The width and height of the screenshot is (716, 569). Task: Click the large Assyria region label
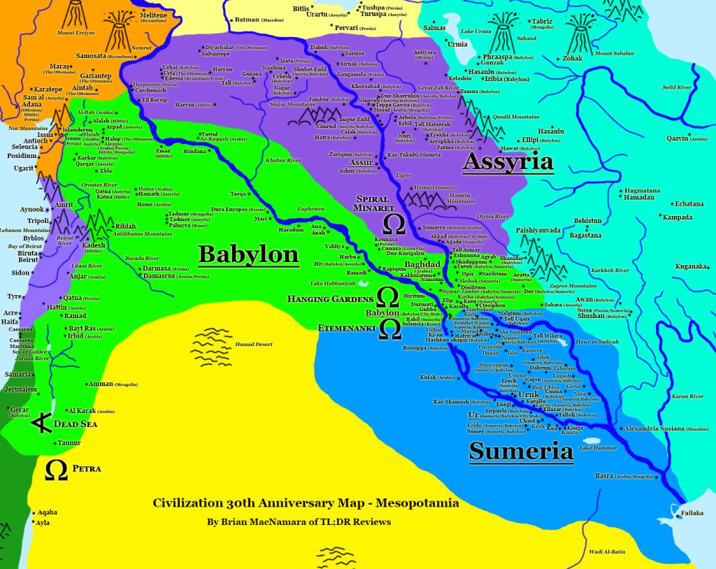tap(508, 161)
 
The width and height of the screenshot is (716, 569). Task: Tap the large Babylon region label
tap(248, 253)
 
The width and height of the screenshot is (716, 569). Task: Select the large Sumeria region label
tap(521, 451)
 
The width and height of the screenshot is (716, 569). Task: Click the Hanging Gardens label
tap(328, 298)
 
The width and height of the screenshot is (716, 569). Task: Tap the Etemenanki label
tap(338, 326)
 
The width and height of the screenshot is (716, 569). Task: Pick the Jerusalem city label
tap(20, 389)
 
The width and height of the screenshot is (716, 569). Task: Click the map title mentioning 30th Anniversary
tap(306, 503)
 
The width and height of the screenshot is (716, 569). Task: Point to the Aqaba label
tap(48, 512)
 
